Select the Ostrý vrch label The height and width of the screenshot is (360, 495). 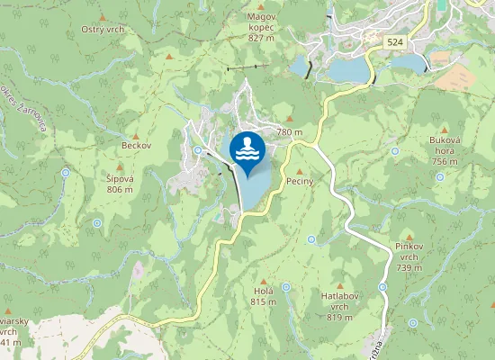102,30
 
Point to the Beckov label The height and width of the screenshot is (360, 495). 137,145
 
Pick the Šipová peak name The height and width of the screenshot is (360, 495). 120,178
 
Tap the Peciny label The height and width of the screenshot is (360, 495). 299,182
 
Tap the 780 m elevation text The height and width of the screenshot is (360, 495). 289,132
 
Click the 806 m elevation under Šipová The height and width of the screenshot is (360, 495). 120,190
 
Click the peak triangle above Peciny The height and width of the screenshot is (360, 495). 300,170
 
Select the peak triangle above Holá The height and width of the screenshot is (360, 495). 263,281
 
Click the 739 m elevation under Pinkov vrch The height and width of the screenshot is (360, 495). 409,268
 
